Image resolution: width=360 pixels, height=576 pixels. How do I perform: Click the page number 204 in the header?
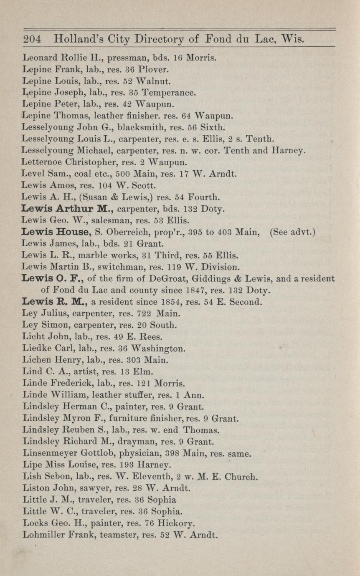(32, 40)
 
